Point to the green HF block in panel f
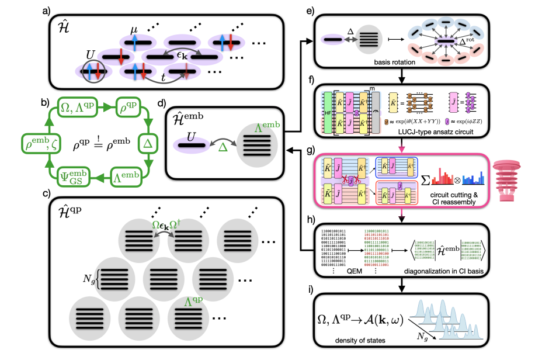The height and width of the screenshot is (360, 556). tap(329, 111)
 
